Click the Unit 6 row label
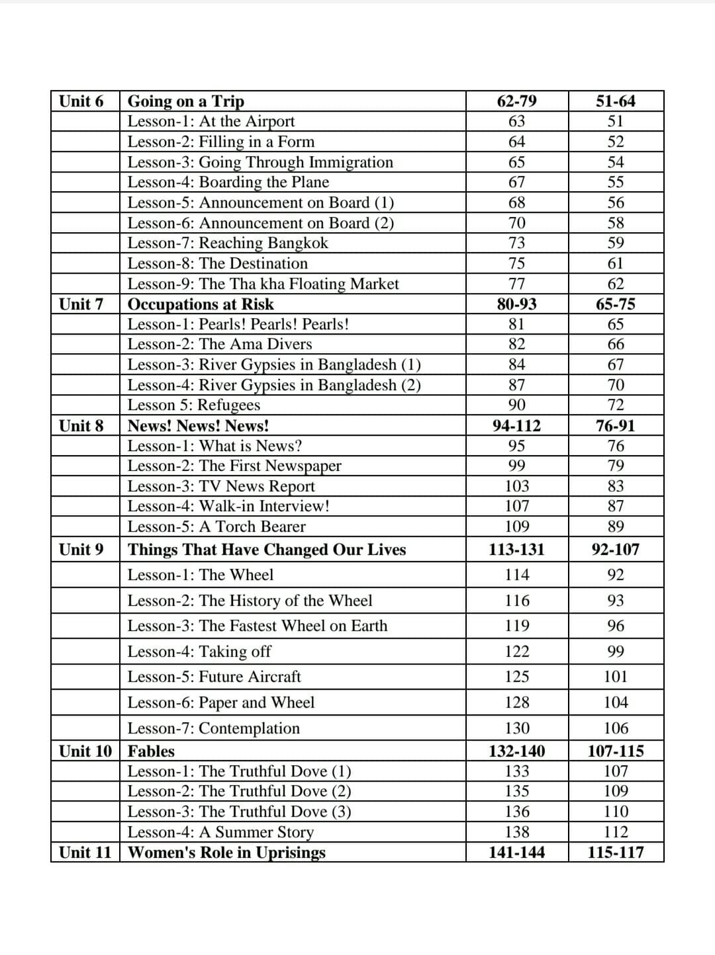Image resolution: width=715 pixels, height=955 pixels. coord(81,101)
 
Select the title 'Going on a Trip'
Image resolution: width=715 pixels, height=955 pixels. coord(185,101)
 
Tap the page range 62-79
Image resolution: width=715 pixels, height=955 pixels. coord(516,101)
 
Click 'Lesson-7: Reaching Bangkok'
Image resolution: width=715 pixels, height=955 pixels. coord(227,243)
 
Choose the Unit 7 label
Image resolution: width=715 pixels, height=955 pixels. coord(81,304)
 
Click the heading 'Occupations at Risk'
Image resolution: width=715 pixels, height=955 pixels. coord(200,304)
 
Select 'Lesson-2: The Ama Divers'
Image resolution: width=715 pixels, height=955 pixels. coord(219,344)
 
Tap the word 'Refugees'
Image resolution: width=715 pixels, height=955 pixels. coord(228,405)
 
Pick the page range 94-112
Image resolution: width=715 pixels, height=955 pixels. coord(516,426)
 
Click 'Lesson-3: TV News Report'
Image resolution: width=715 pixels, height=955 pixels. coord(221,486)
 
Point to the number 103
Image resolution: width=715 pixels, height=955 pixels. coord(516,486)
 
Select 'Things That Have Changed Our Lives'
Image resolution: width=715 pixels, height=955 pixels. coord(267,550)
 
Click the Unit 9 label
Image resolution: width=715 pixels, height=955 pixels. coord(81,550)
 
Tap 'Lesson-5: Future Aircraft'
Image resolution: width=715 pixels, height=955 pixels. coord(214,677)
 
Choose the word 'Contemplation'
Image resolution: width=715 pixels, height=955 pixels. coord(249,728)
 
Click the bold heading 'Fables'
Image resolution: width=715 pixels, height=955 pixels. coord(151,751)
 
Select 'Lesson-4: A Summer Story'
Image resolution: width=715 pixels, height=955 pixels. coord(220,832)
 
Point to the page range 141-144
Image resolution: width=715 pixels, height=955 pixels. coord(516,852)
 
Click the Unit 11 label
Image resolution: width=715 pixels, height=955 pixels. coord(85,852)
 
